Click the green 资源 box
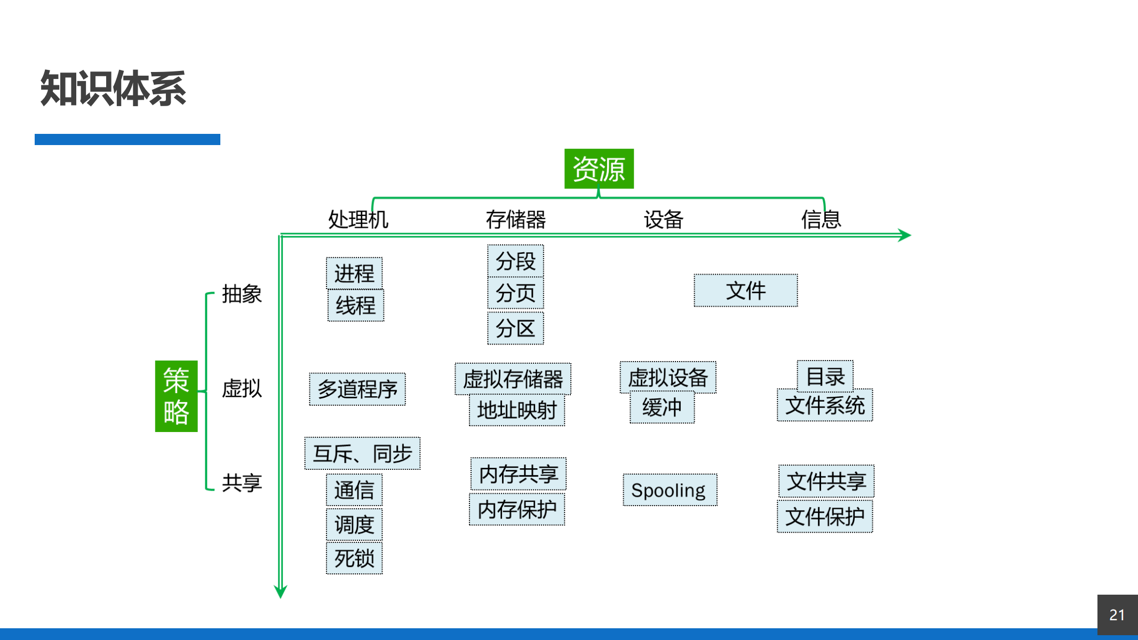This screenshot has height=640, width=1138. pyautogui.click(x=599, y=169)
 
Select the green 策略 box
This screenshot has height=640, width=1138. pyautogui.click(x=176, y=396)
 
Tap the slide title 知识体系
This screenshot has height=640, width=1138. pyautogui.click(x=113, y=89)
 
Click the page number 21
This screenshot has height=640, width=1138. pyautogui.click(x=1117, y=615)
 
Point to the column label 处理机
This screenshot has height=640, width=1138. pyautogui.click(x=358, y=219)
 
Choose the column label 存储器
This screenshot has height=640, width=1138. pyautogui.click(x=515, y=219)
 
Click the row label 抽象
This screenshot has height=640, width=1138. pyautogui.click(x=242, y=294)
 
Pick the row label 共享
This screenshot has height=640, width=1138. pyautogui.click(x=242, y=483)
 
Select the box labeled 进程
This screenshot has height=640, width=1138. pyautogui.click(x=354, y=273)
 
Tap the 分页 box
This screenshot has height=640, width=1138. pyautogui.click(x=515, y=293)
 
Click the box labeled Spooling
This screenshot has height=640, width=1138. pyautogui.click(x=670, y=490)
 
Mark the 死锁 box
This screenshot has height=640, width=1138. pyautogui.click(x=354, y=558)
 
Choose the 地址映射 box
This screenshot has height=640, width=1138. pyautogui.click(x=516, y=410)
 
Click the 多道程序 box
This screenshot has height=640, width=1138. pyautogui.click(x=357, y=389)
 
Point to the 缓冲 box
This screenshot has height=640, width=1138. pyautogui.click(x=662, y=407)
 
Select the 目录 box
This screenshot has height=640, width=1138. pyautogui.click(x=825, y=376)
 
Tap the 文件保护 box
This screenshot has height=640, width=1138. pyautogui.click(x=825, y=516)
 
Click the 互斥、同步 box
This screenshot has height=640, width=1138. pyautogui.click(x=362, y=453)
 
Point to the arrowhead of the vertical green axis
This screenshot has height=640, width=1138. pyautogui.click(x=281, y=591)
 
